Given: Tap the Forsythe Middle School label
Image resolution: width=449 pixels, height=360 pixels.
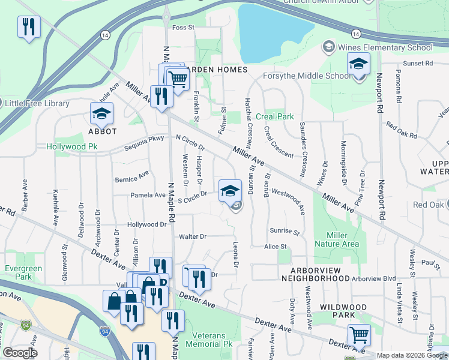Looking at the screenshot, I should coord(307,76).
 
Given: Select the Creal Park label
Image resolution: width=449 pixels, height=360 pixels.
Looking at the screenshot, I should coord(275,116).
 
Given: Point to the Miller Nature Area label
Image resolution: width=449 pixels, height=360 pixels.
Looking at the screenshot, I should coord(342,239).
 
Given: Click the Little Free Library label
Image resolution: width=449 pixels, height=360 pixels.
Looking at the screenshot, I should coord(37,103).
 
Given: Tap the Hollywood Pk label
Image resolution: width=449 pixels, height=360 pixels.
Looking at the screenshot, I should coord(72,146).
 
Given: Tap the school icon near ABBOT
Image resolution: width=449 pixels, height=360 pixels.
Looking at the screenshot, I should coord(102,113).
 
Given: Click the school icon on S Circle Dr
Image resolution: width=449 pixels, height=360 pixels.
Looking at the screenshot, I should coord(229,191).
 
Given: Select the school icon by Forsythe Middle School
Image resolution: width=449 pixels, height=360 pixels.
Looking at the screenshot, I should coord(358,64).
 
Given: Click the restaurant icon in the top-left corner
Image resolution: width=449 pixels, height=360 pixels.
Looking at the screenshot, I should coord(29,26).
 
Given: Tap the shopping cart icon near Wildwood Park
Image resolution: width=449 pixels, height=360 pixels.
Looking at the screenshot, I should coord(359,335).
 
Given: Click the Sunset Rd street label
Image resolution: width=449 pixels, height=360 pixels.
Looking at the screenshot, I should coord(418,63).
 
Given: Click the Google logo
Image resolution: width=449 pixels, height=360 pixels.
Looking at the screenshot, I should coord(20,352).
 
